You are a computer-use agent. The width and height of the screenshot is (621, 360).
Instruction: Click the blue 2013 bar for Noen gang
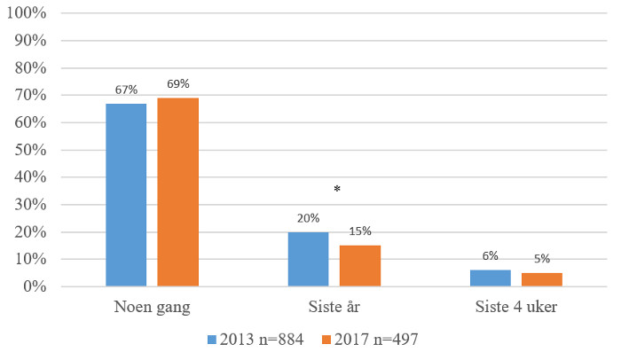[126, 195]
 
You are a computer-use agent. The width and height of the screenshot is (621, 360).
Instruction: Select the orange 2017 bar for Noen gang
[177, 192]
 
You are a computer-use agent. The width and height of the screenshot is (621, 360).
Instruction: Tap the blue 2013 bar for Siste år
[308, 259]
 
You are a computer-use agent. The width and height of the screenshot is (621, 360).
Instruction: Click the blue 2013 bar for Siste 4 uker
[490, 278]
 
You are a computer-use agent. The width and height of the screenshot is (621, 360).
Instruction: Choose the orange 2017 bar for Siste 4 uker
[541, 279]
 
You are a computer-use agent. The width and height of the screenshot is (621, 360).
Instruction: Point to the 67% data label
[126, 90]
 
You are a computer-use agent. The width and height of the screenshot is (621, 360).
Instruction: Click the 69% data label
[177, 84]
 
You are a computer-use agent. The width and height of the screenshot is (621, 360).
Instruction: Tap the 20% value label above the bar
[308, 218]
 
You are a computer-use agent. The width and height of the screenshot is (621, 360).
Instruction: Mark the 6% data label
[490, 256]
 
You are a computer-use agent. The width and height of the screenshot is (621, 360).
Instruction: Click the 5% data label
[541, 259]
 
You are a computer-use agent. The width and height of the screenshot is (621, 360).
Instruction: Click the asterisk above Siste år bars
[336, 190]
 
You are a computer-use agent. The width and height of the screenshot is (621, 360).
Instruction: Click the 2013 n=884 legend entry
[255, 340]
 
